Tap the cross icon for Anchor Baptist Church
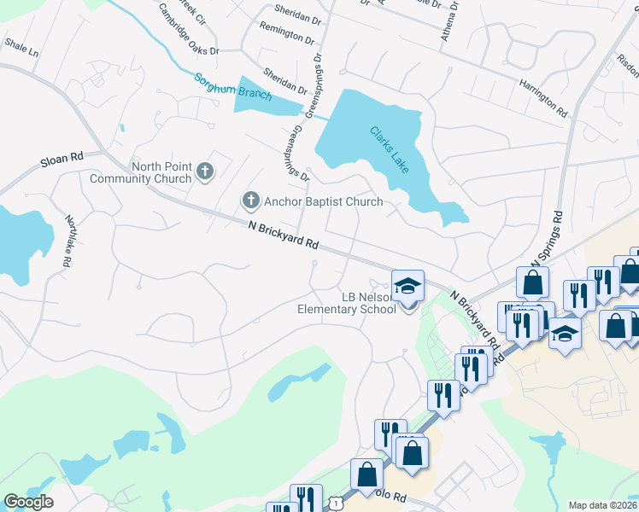[250, 201]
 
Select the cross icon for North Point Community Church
[204, 172]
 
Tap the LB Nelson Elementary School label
[346, 303]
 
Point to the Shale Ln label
[21, 46]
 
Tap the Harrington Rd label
[542, 97]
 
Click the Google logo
[28, 502]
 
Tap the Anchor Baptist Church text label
[324, 202]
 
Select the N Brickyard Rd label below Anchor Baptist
[284, 236]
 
